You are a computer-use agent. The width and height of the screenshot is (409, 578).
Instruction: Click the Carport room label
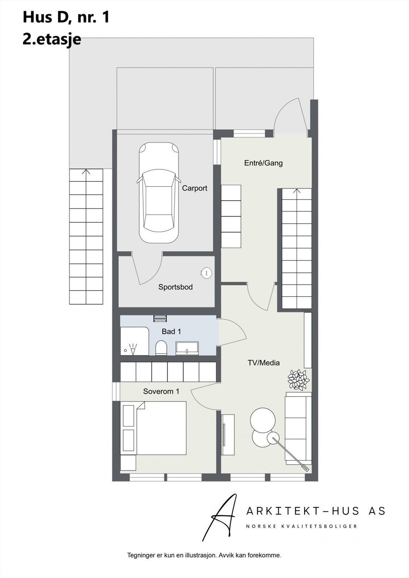pos(195,188)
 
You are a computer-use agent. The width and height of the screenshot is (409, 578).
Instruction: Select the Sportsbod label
pos(175,287)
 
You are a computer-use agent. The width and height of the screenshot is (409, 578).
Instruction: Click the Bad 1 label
pos(171,332)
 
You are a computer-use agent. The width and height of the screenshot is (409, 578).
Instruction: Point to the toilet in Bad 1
pos(161,348)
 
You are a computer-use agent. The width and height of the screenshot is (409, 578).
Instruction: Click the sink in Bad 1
pos(187,348)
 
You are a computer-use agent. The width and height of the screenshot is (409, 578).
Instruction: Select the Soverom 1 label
pos(161,391)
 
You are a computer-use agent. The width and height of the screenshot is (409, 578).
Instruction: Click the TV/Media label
pos(264,363)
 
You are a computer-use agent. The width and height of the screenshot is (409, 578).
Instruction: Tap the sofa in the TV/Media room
pos(298,428)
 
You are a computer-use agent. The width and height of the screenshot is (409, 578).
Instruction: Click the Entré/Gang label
pos(263,163)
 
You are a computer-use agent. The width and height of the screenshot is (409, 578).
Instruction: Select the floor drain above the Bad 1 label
pos(160,318)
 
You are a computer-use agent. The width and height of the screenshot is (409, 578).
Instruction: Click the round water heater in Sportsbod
pos(206,273)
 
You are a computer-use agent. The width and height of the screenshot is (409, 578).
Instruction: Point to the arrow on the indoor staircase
pos(297,191)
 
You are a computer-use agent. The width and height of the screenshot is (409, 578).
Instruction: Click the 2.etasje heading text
pos(52,39)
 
